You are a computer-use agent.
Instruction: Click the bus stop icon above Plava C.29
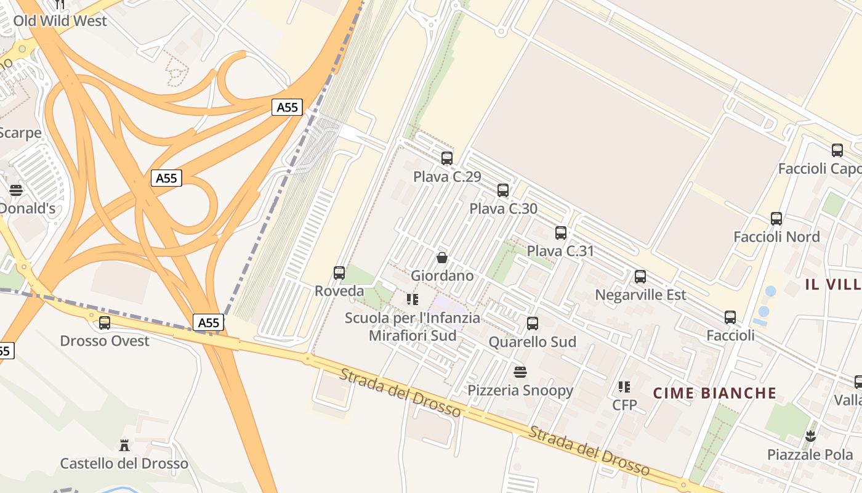click(447, 158)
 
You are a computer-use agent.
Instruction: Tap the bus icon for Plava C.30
click(503, 190)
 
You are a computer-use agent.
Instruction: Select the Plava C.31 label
click(560, 251)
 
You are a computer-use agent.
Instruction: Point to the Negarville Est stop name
click(640, 295)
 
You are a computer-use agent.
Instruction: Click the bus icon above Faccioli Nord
click(776, 219)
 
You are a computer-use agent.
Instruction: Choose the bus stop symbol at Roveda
click(339, 272)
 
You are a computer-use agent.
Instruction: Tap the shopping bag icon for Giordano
click(442, 258)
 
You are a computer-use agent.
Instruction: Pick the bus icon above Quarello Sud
click(533, 324)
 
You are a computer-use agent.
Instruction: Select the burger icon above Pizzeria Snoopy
click(520, 372)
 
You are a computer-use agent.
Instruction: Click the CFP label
click(624, 405)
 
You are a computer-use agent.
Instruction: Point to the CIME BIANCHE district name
click(715, 393)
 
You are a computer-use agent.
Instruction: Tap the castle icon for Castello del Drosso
click(124, 445)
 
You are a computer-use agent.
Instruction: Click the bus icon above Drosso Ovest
click(105, 322)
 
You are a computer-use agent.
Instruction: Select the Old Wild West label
click(60, 21)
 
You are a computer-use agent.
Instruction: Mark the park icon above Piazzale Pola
click(810, 436)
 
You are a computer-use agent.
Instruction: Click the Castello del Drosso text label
click(124, 463)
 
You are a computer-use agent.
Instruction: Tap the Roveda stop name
click(339, 291)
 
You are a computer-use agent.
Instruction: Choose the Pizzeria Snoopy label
click(520, 390)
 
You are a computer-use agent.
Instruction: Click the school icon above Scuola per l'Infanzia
click(413, 299)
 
